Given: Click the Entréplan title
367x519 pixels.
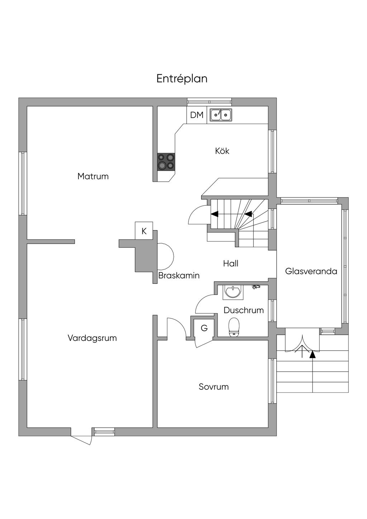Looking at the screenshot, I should [x=182, y=78].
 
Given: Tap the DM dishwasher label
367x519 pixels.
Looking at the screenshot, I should [x=197, y=115].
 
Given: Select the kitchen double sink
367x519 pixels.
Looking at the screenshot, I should [x=221, y=115].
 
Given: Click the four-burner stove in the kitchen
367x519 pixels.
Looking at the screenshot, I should [x=166, y=161].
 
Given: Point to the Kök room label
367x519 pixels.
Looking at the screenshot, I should [x=222, y=151].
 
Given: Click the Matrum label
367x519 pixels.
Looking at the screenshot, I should [x=93, y=176].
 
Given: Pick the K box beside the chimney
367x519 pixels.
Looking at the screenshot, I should [x=144, y=231].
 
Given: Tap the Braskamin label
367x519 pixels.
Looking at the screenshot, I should [x=179, y=275].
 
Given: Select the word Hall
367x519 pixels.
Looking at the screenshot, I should [x=230, y=263].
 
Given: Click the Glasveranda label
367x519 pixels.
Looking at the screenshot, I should [x=311, y=271].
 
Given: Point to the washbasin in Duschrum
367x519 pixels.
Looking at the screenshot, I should [x=233, y=292].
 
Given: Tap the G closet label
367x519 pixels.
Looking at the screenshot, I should [x=204, y=328].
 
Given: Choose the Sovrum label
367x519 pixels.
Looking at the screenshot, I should [x=214, y=387].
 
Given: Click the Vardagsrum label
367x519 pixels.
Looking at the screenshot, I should [x=92, y=338].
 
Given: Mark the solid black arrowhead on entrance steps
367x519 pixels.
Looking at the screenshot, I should [x=313, y=354].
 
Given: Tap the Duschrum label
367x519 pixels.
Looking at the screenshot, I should [x=244, y=310].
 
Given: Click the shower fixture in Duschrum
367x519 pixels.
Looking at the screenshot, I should [x=255, y=286].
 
